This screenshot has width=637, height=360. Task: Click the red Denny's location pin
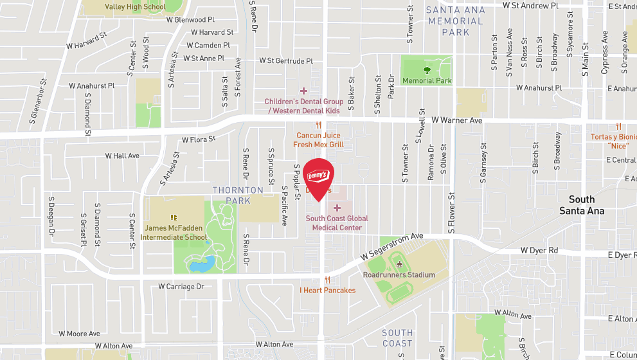click(x=318, y=177)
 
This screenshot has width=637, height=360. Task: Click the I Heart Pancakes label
click(x=327, y=291)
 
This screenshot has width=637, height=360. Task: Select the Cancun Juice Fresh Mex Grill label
click(x=318, y=140)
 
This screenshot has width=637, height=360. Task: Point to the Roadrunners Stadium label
click(x=399, y=274)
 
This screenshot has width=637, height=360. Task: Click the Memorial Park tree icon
click(x=426, y=69)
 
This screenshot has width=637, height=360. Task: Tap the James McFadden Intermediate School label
click(x=175, y=232)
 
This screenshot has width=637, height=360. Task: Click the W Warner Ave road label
click(x=456, y=120)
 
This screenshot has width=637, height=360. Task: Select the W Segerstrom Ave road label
click(x=391, y=246)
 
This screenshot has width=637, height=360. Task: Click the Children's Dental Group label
click(x=303, y=106)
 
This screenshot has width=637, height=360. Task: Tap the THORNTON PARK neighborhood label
click(x=238, y=195)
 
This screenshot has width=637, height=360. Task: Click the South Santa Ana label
click(x=581, y=205)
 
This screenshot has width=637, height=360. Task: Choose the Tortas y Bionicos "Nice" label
click(x=613, y=141)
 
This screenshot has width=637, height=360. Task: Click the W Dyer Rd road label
click(x=539, y=250)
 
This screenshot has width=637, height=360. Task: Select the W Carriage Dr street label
click(x=181, y=286)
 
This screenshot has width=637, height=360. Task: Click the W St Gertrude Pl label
click(x=286, y=61)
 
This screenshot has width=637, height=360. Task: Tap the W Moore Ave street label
click(x=80, y=334)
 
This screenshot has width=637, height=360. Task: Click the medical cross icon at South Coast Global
click(x=337, y=208)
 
